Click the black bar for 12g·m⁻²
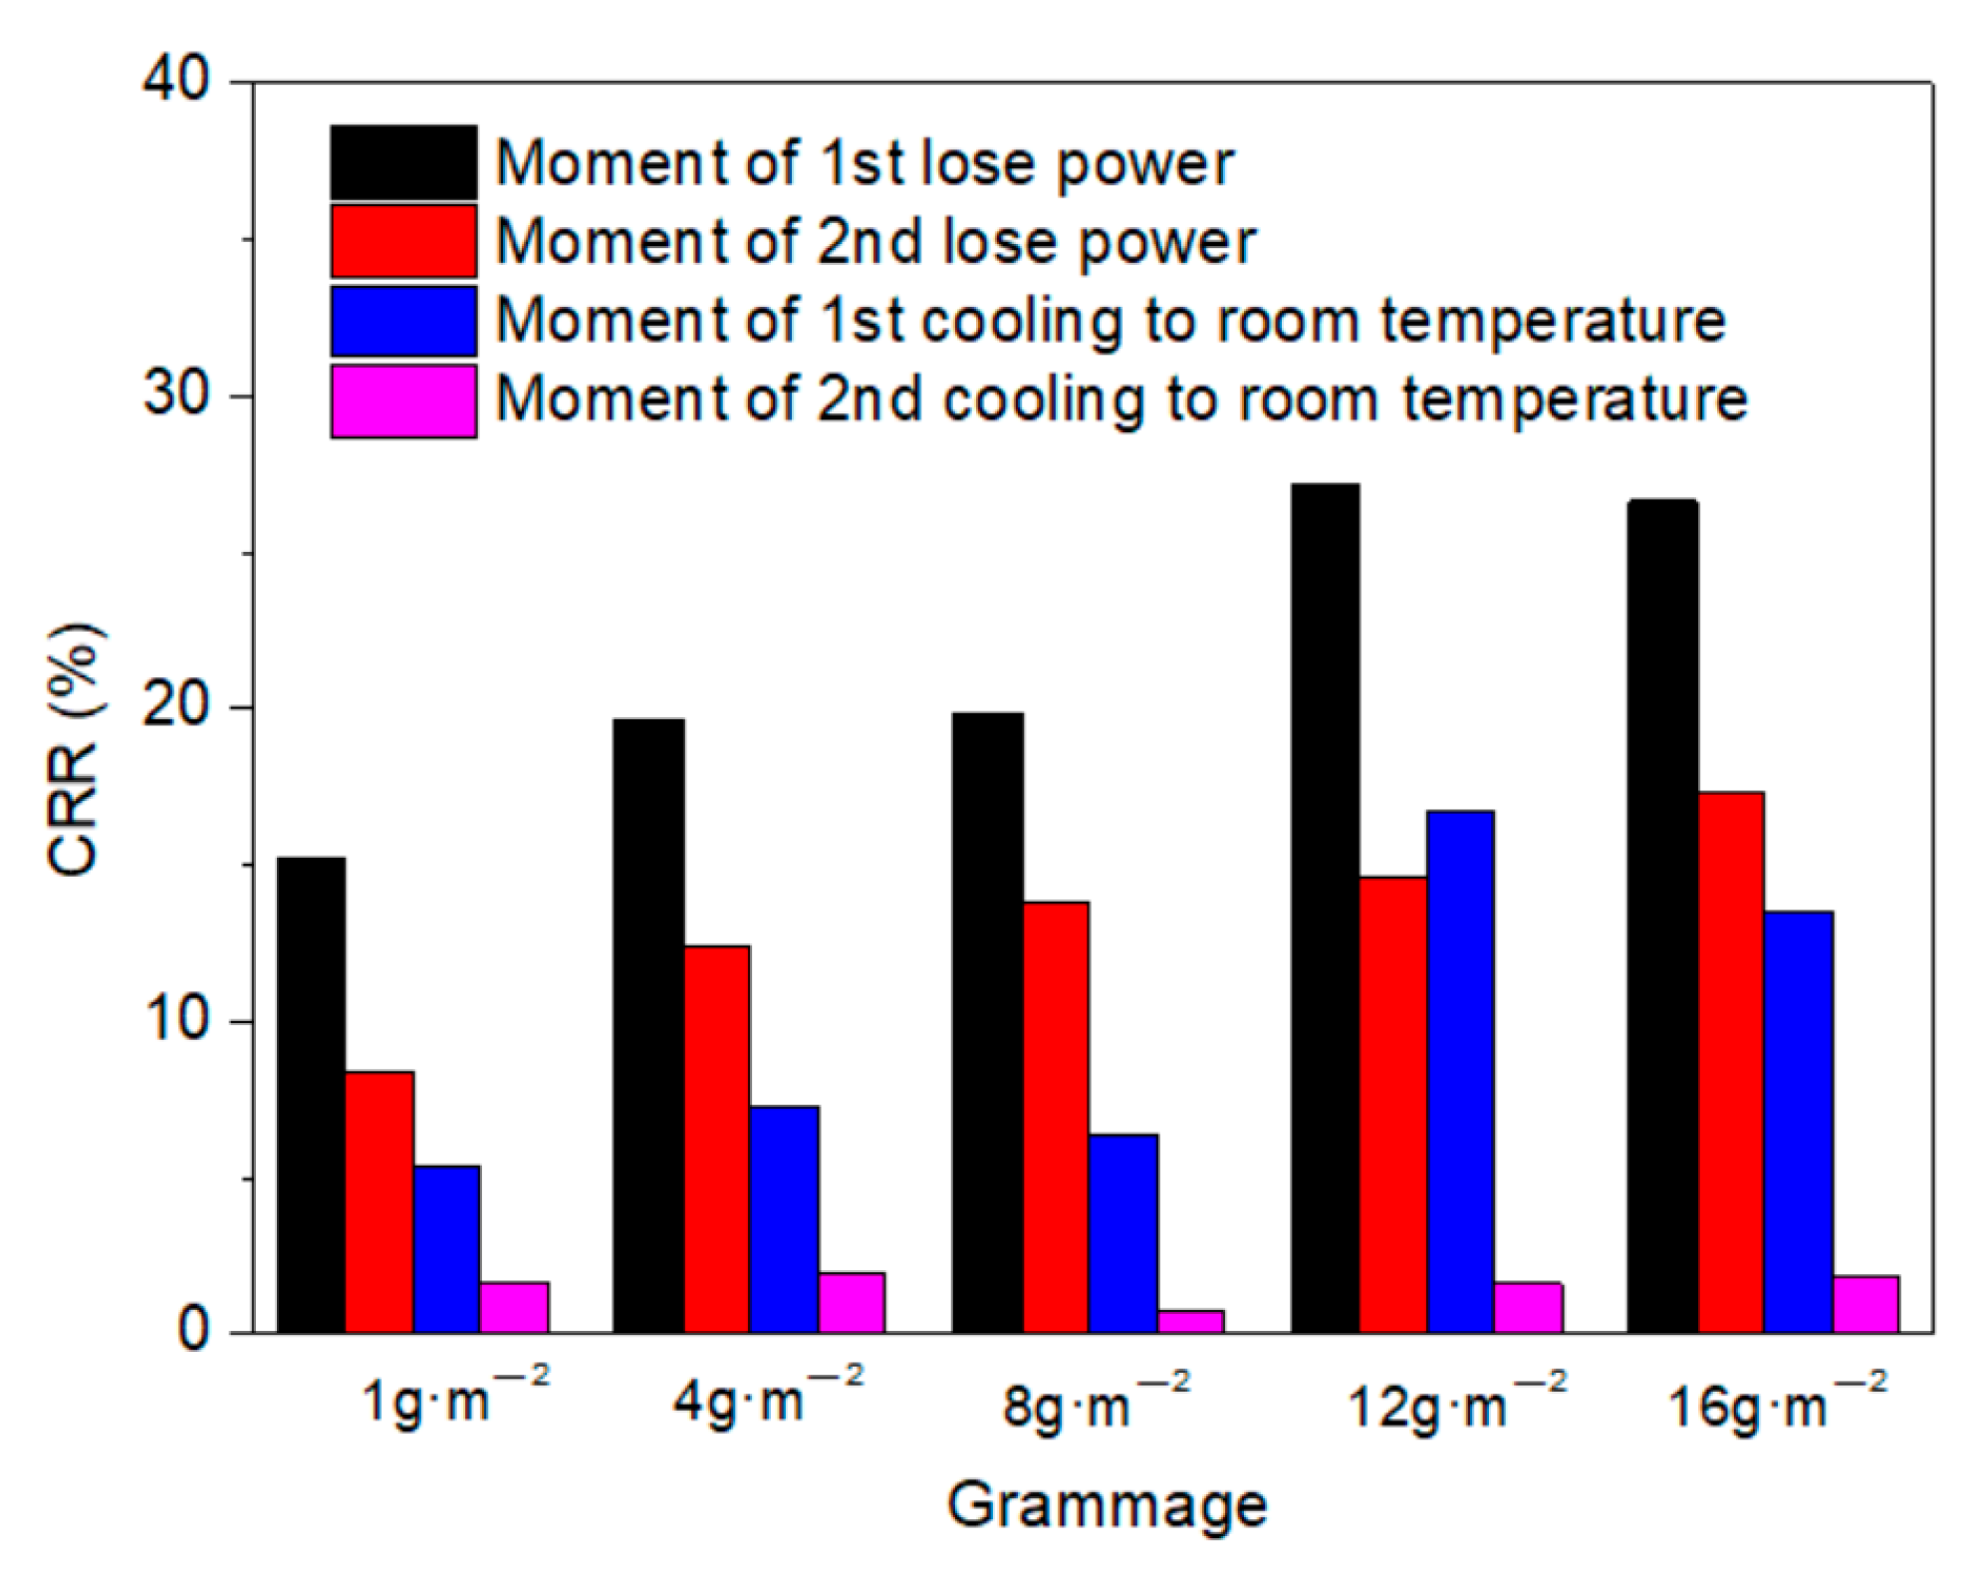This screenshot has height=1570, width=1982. point(1325,908)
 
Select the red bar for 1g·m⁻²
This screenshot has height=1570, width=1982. point(379,1201)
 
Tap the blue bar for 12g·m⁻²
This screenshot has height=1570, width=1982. point(1460,1071)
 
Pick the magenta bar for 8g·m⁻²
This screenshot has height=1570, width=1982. point(1190,1321)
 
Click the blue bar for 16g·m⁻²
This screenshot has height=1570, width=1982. point(1798,1122)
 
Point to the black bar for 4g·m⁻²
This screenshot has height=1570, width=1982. point(648,1025)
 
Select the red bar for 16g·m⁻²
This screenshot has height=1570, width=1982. point(1731,1062)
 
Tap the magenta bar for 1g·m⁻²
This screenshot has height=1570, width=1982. point(514,1307)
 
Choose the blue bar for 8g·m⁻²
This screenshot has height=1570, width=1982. point(1122,1232)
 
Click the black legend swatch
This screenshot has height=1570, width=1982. point(403,162)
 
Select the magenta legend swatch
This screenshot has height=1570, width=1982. point(403,400)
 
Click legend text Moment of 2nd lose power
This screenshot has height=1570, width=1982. point(875,242)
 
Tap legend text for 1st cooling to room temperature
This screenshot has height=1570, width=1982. point(1110,321)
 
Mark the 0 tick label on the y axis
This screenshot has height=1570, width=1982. point(193,1333)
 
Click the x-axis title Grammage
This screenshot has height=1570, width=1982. point(1106,1504)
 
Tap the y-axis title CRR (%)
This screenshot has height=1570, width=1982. point(75,749)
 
